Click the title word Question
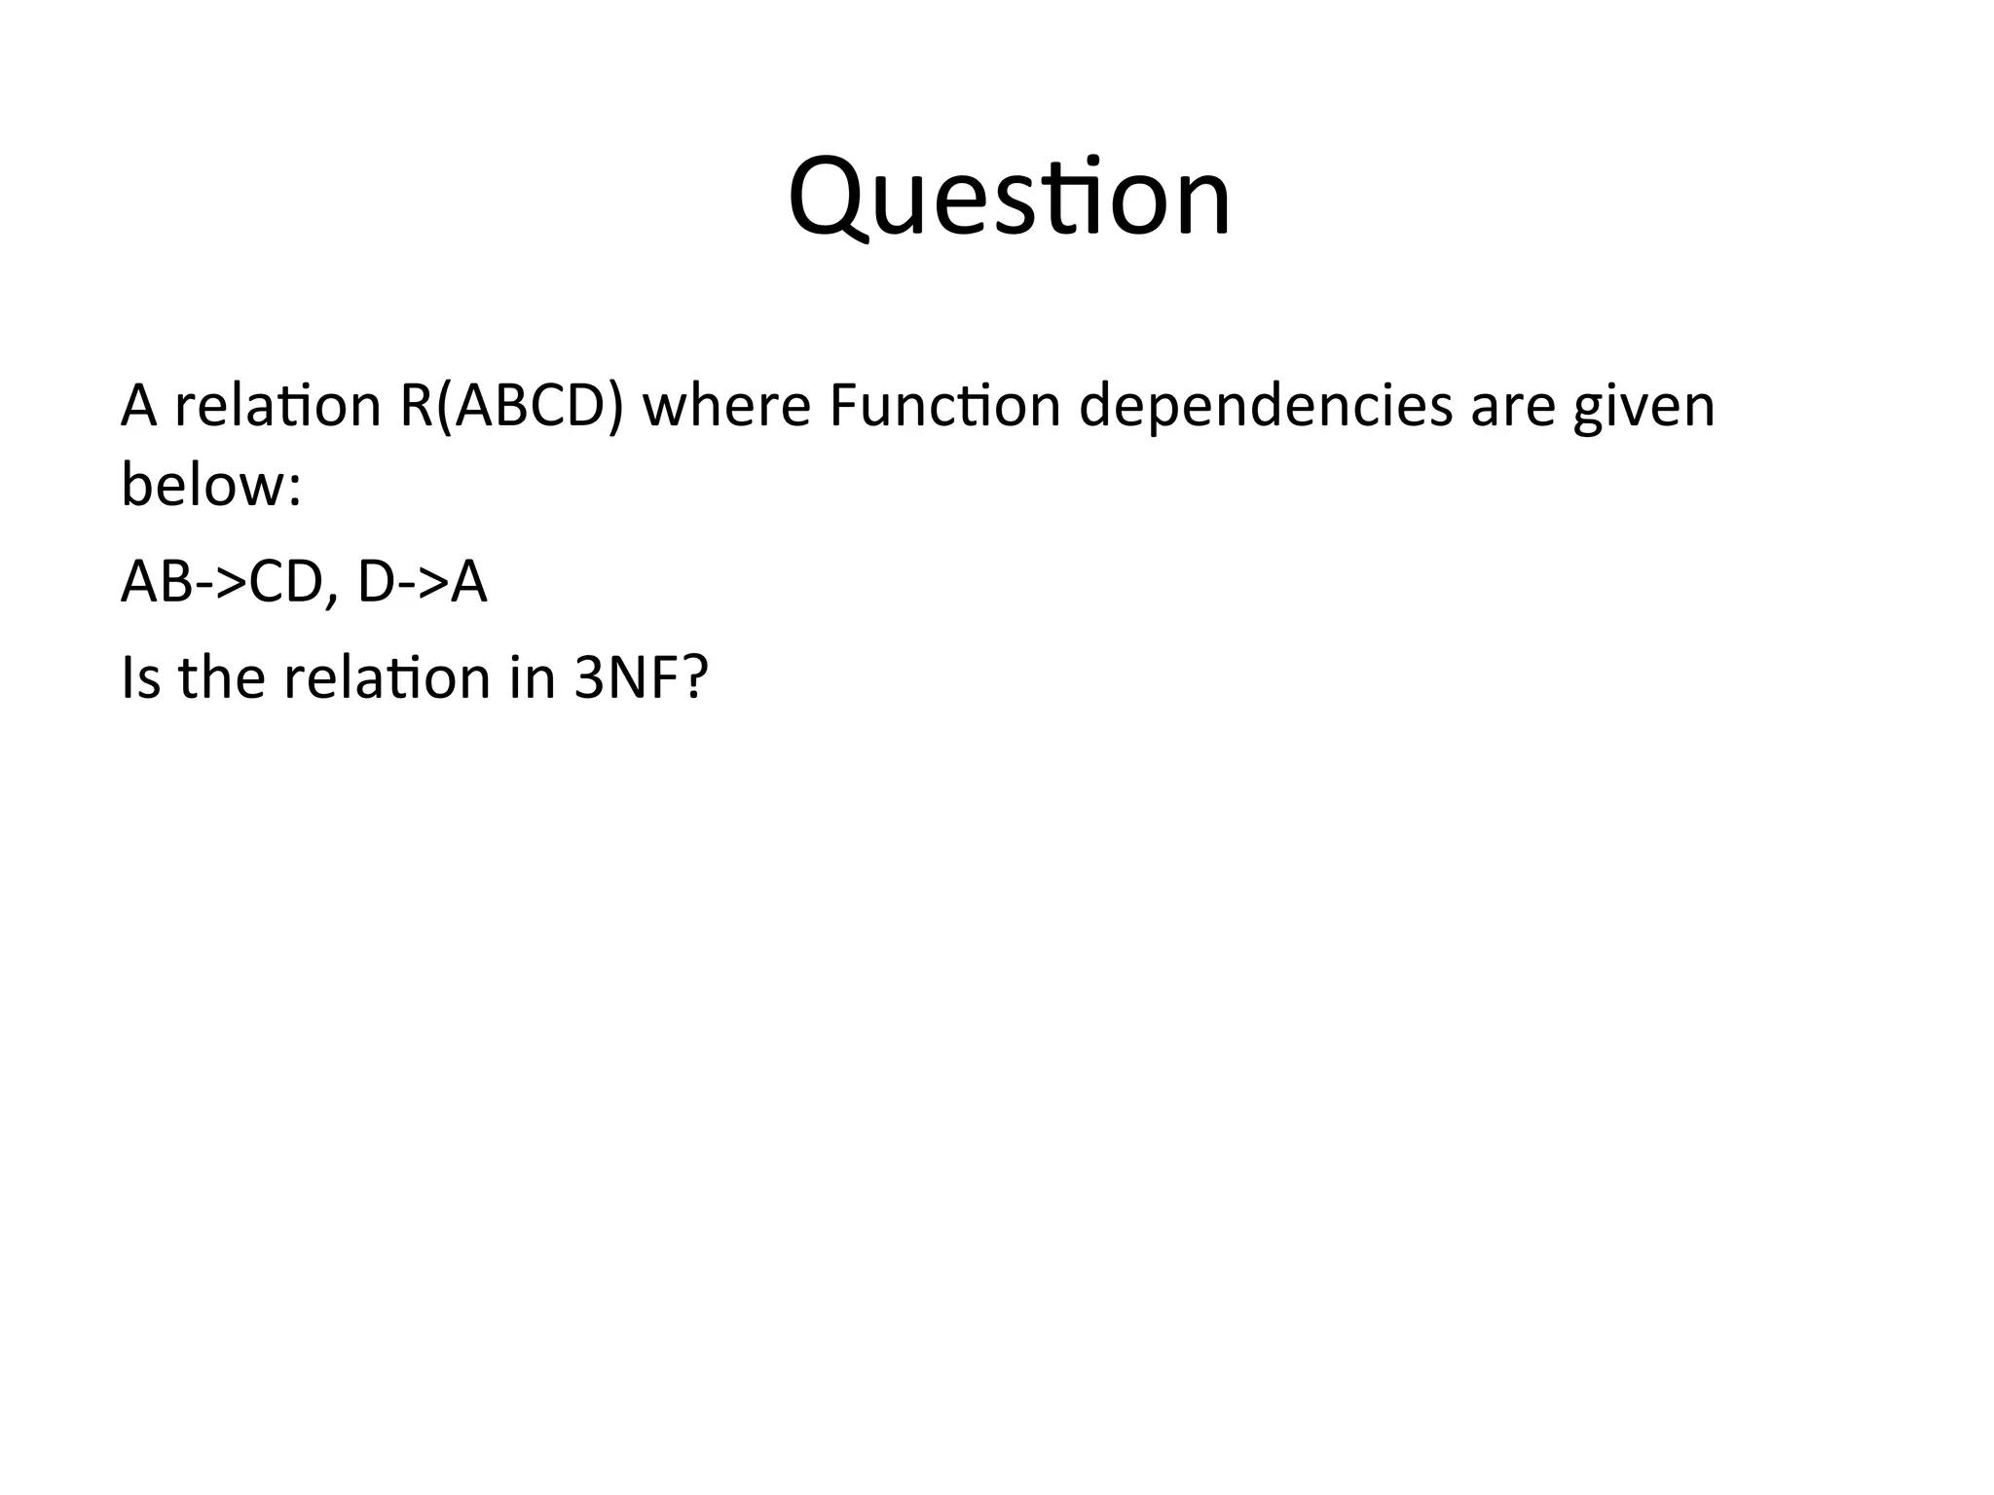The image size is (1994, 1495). click(x=1010, y=200)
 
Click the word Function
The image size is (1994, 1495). click(x=944, y=406)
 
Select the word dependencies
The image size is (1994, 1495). click(x=1266, y=406)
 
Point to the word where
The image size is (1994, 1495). click(x=726, y=406)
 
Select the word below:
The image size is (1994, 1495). click(x=211, y=484)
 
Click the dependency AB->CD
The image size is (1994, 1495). click(x=222, y=582)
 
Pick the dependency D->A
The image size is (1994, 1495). click(x=422, y=582)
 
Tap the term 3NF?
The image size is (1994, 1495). click(x=641, y=678)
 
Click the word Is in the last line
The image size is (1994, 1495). click(x=140, y=678)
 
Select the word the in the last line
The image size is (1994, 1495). click(x=222, y=678)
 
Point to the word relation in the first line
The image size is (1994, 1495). click(x=277, y=406)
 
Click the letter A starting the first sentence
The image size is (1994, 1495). click(x=138, y=406)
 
